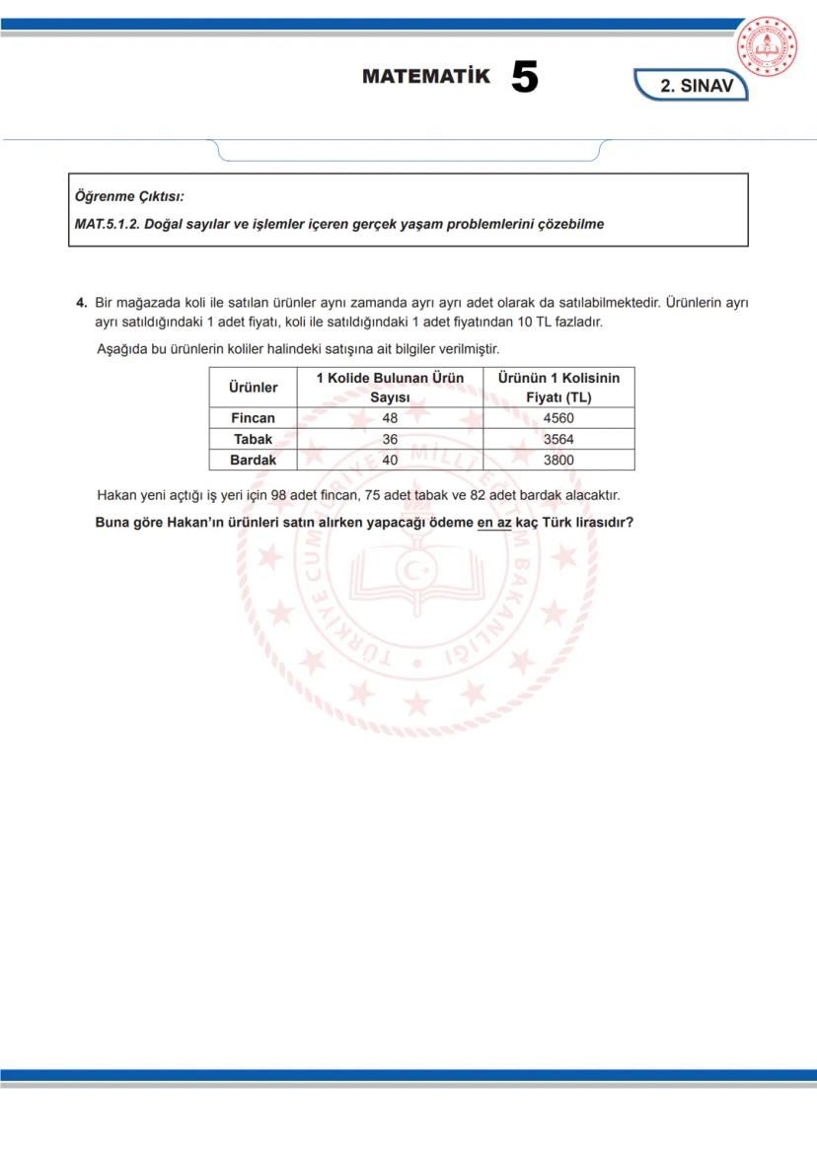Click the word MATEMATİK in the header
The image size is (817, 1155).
(x=425, y=77)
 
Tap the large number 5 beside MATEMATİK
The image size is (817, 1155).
(x=524, y=78)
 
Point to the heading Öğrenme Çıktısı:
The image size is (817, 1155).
(x=129, y=196)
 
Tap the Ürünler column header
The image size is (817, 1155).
(x=253, y=388)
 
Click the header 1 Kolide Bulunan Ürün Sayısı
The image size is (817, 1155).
(x=389, y=388)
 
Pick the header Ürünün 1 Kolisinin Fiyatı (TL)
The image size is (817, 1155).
(x=558, y=388)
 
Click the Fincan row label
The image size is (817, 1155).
(x=253, y=418)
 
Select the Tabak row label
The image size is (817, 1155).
(x=253, y=439)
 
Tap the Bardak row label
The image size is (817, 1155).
(x=253, y=460)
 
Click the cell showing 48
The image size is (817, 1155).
(x=389, y=418)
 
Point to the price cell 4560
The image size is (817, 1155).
(x=558, y=418)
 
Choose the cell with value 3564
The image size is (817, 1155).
(x=558, y=439)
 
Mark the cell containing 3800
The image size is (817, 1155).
(x=558, y=460)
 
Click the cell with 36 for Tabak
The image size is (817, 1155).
(x=389, y=439)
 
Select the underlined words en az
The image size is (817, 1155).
(x=493, y=522)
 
